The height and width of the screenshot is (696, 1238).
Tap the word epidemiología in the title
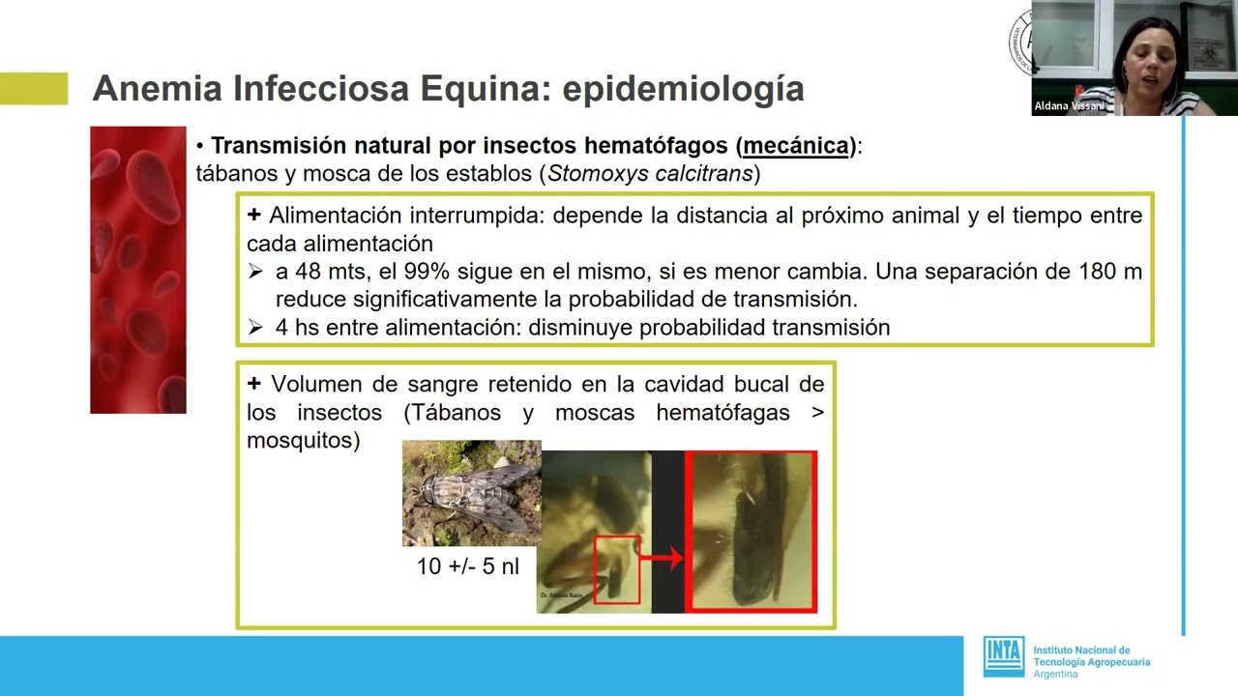(683, 89)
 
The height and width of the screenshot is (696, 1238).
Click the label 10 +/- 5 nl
(468, 566)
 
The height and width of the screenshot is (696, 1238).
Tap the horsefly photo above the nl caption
(471, 493)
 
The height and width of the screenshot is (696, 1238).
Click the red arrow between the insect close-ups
(663, 557)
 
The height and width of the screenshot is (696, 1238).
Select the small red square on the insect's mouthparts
(616, 569)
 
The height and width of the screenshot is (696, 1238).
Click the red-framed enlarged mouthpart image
(751, 532)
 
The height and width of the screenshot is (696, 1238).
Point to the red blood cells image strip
(137, 270)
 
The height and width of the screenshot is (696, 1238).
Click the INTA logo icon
(1003, 656)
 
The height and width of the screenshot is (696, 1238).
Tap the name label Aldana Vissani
(1069, 106)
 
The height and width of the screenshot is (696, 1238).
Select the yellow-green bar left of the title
(34, 88)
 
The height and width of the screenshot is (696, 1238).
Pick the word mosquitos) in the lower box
(304, 441)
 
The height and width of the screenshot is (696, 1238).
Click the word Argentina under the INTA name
(1055, 674)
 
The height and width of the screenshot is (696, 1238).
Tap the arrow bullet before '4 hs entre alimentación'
(255, 328)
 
